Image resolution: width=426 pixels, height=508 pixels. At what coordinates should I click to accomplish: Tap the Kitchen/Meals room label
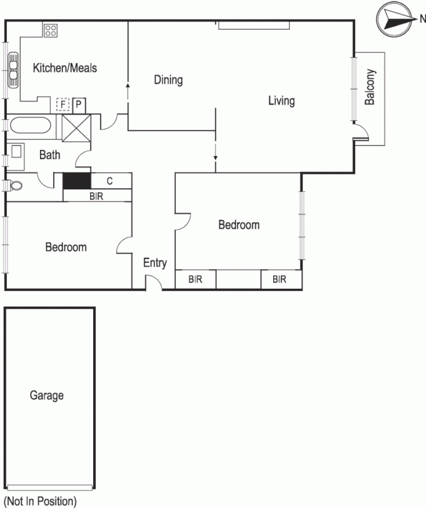65,67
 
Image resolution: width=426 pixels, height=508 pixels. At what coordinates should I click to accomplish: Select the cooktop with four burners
51,29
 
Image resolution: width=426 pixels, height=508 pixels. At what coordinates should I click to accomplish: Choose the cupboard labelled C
110,181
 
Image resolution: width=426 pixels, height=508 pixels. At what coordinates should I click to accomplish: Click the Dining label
168,80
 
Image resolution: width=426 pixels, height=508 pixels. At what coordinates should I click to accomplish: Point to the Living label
281,100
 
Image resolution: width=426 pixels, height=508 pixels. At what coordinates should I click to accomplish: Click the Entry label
155,263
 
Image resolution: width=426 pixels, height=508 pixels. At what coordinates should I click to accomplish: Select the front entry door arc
153,284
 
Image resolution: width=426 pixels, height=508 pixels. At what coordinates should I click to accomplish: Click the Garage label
47,396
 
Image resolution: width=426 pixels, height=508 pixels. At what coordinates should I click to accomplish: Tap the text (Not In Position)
40,501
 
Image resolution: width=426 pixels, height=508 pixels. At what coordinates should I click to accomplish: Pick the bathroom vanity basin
16,152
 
